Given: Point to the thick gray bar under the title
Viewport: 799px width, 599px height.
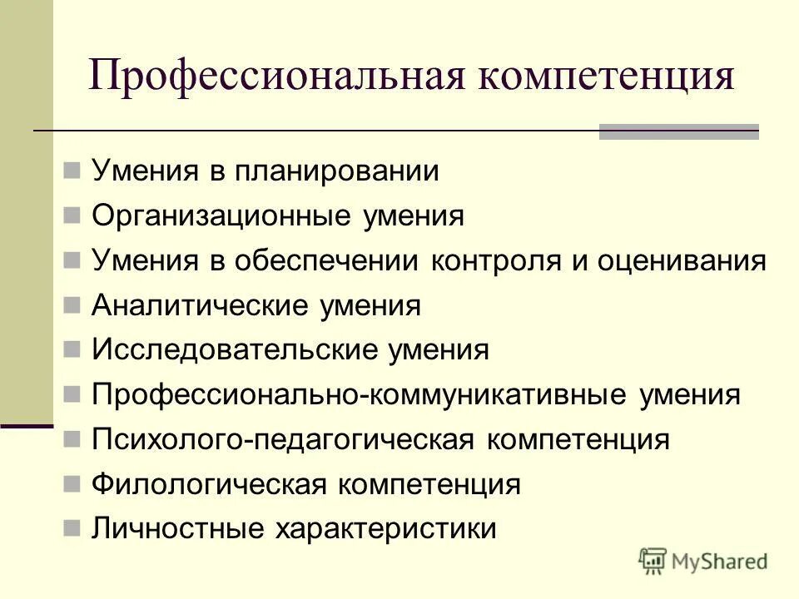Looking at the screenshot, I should (678, 132).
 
